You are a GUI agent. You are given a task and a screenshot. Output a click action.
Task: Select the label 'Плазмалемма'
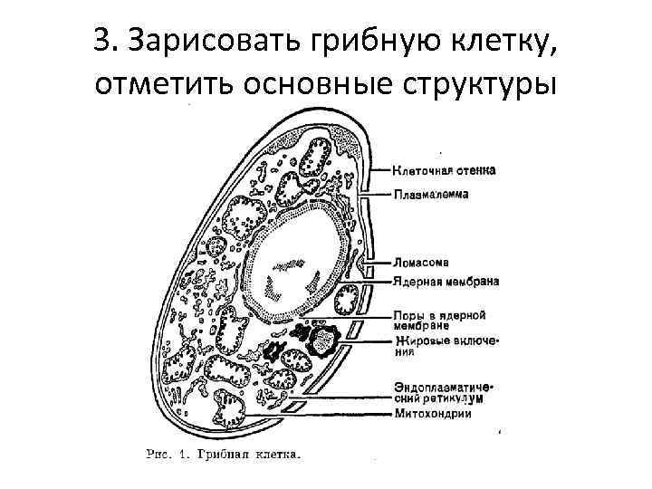click(430, 194)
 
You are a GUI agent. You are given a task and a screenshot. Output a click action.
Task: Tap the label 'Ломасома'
click(423, 263)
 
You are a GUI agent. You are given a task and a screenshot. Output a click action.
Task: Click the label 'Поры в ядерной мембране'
click(439, 320)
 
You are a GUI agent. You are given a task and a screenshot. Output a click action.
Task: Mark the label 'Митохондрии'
click(433, 415)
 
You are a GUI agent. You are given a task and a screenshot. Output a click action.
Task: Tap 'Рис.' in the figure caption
click(161, 453)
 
